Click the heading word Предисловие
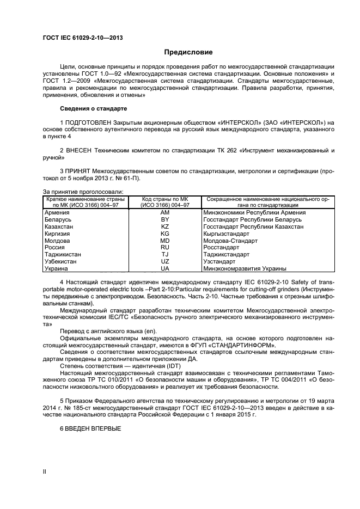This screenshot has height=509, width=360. pos(188,52)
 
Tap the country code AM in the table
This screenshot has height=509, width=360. pos(164,212)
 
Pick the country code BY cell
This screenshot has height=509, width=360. pos(164,219)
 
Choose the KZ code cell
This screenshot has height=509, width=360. pos(164,226)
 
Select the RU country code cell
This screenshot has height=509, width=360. pos(164,247)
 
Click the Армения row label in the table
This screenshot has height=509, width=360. pos(57,212)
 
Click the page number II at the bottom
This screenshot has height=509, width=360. pos(45,473)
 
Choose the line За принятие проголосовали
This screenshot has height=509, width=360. pos(83,191)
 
